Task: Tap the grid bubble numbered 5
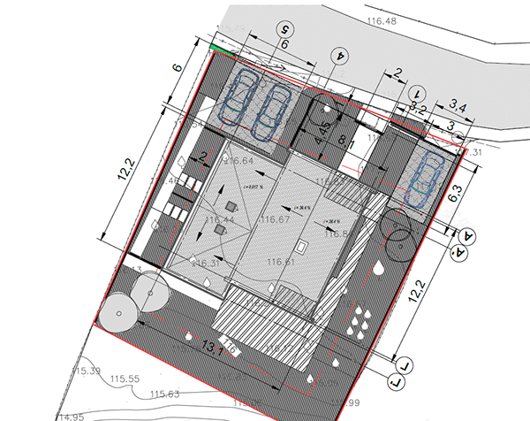pos(285,27)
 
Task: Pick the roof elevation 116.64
pos(238,161)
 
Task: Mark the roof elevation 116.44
pos(219,219)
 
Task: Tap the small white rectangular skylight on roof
pos(301,244)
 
